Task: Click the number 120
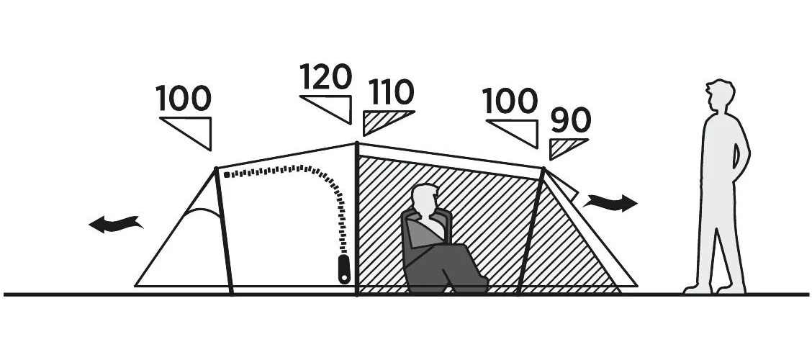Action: (x=326, y=76)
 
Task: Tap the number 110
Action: (x=392, y=92)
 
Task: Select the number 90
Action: (x=570, y=120)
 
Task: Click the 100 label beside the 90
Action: (x=510, y=101)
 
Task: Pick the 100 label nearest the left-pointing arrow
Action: (x=184, y=98)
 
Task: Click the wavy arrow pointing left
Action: (x=116, y=224)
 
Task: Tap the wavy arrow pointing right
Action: (x=611, y=202)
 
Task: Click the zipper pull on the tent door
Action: (x=344, y=269)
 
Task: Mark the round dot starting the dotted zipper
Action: (x=226, y=175)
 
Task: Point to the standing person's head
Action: (x=721, y=96)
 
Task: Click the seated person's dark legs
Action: (x=446, y=267)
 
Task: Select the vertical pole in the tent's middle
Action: (x=357, y=219)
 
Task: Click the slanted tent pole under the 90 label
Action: (x=531, y=231)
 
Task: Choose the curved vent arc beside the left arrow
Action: (x=203, y=211)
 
